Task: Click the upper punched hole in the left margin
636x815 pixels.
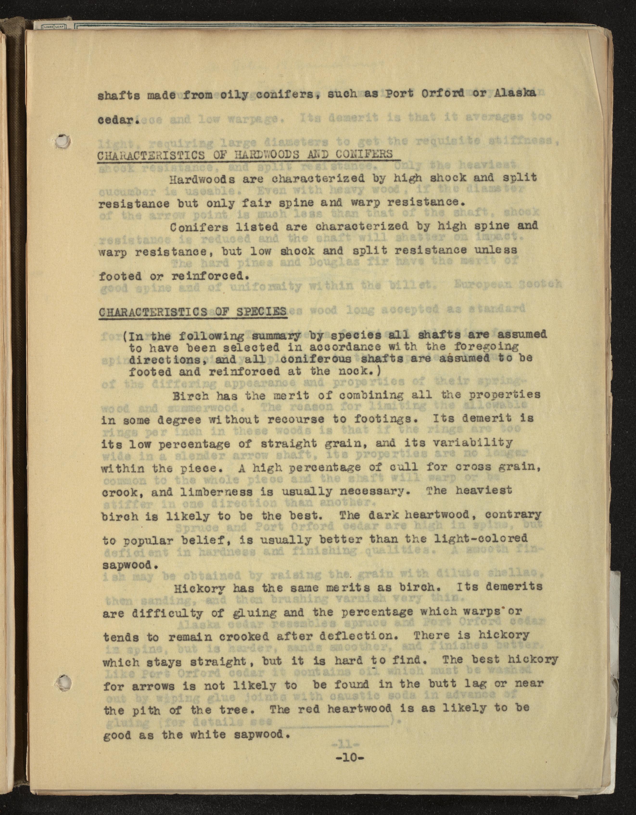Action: tap(62, 141)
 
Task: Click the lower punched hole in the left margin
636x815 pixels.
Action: tap(63, 682)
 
